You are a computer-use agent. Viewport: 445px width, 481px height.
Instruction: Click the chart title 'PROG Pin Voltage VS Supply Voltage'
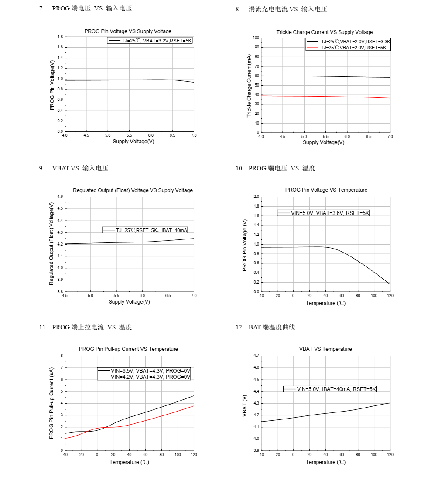coord(128,31)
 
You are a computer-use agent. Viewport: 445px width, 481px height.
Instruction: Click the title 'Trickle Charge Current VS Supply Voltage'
coord(325,32)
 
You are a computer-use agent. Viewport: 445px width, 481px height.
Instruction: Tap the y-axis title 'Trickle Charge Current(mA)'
coord(249,86)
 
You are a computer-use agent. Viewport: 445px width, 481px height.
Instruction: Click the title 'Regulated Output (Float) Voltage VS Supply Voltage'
coord(133,190)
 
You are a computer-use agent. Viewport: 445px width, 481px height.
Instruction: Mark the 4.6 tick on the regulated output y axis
coord(60,197)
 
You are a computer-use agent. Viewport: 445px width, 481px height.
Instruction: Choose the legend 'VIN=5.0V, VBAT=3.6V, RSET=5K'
coord(324,213)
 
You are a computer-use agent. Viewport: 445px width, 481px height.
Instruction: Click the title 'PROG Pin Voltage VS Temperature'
coord(326,190)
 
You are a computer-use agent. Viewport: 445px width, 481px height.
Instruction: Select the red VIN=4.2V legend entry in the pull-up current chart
coord(145,377)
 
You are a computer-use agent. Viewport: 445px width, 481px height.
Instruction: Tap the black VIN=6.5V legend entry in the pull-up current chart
coord(145,370)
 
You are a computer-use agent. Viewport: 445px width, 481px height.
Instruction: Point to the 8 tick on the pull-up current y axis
coord(62,356)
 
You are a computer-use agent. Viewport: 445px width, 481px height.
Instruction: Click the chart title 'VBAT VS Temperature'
coord(325,349)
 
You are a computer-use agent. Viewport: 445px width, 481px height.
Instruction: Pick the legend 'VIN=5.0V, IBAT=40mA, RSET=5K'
coord(330,389)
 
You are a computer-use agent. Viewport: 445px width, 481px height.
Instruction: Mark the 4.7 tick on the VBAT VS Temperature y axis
coord(256,356)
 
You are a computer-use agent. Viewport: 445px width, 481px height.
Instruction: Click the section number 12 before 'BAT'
coord(239,327)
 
